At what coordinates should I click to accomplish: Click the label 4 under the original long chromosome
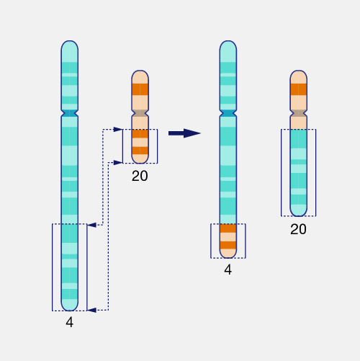(x=69, y=323)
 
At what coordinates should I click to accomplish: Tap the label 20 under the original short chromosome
(x=140, y=175)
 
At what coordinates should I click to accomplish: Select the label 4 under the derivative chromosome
(x=228, y=270)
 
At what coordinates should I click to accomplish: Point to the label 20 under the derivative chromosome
(x=298, y=230)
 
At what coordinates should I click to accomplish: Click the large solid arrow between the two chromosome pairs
(x=184, y=133)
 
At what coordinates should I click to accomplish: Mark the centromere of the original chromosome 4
(x=69, y=113)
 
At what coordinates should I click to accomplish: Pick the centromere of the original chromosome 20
(x=140, y=113)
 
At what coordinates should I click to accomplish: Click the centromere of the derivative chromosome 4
(x=228, y=113)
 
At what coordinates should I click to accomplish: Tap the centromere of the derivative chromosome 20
(x=298, y=113)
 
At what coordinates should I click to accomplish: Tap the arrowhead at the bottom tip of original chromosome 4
(x=91, y=310)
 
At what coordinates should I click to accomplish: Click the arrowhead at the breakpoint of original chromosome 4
(x=91, y=226)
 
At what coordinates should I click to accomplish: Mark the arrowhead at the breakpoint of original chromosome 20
(x=117, y=130)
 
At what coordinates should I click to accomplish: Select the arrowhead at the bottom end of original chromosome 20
(x=117, y=163)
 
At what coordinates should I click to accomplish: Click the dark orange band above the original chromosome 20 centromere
(x=140, y=90)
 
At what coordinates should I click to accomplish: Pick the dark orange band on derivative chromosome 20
(x=298, y=90)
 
